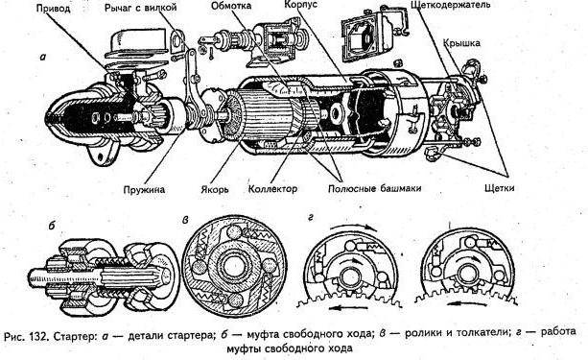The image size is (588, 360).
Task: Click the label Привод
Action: (x=53, y=9)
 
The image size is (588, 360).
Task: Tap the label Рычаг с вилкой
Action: (x=141, y=8)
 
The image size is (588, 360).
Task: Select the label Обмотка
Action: (x=231, y=6)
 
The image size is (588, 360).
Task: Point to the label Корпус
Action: (x=300, y=5)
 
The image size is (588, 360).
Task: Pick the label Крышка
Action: (x=461, y=43)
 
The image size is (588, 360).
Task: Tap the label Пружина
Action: (x=144, y=189)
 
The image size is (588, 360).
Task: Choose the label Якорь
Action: (x=214, y=189)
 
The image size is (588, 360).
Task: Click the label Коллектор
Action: (x=272, y=188)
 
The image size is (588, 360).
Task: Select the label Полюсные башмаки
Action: (x=374, y=188)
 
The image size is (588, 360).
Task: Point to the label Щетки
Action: (x=499, y=188)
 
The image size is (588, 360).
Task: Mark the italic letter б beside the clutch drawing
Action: (x=52, y=226)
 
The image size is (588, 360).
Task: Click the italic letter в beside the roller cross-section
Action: (x=185, y=221)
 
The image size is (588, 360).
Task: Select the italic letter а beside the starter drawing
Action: (x=43, y=57)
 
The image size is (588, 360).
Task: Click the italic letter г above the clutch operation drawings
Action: (x=311, y=218)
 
